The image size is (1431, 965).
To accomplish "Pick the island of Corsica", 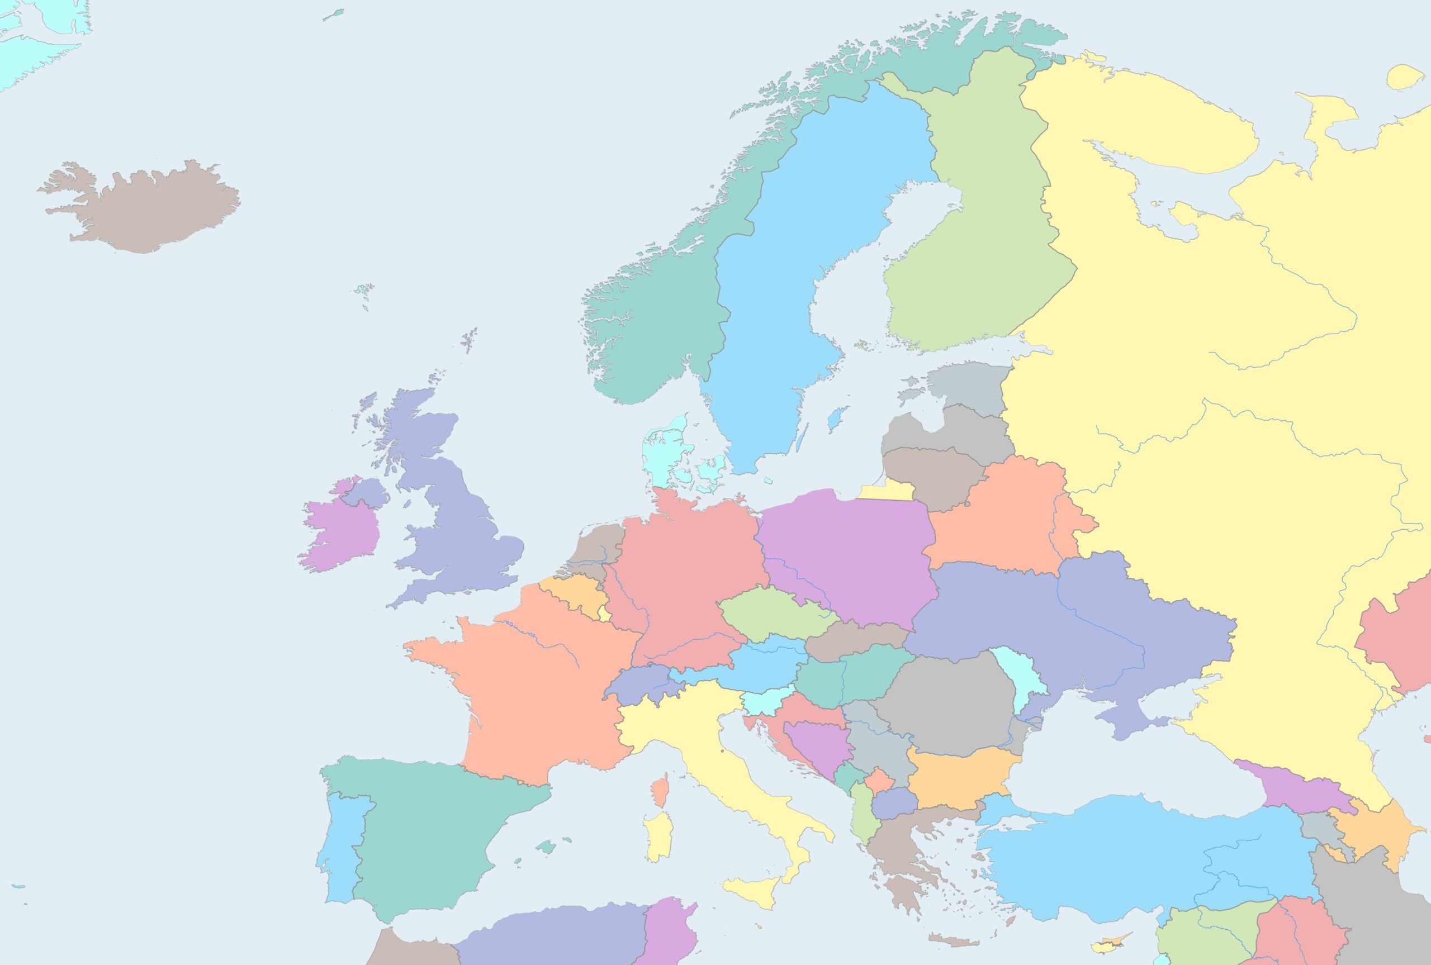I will point(660,791).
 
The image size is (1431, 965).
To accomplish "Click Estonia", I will point(973,384).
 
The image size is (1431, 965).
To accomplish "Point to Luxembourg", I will point(605,613).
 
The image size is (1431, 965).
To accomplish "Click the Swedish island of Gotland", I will point(835,419).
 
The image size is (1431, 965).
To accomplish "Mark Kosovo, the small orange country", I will point(878,781).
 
